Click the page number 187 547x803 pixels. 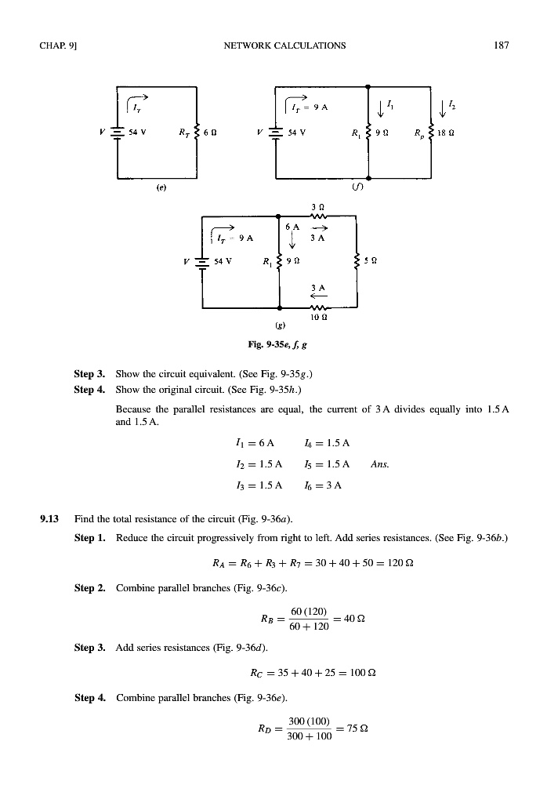(x=502, y=45)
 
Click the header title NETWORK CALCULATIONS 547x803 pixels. (x=284, y=45)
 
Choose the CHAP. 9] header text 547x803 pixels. (x=54, y=45)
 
